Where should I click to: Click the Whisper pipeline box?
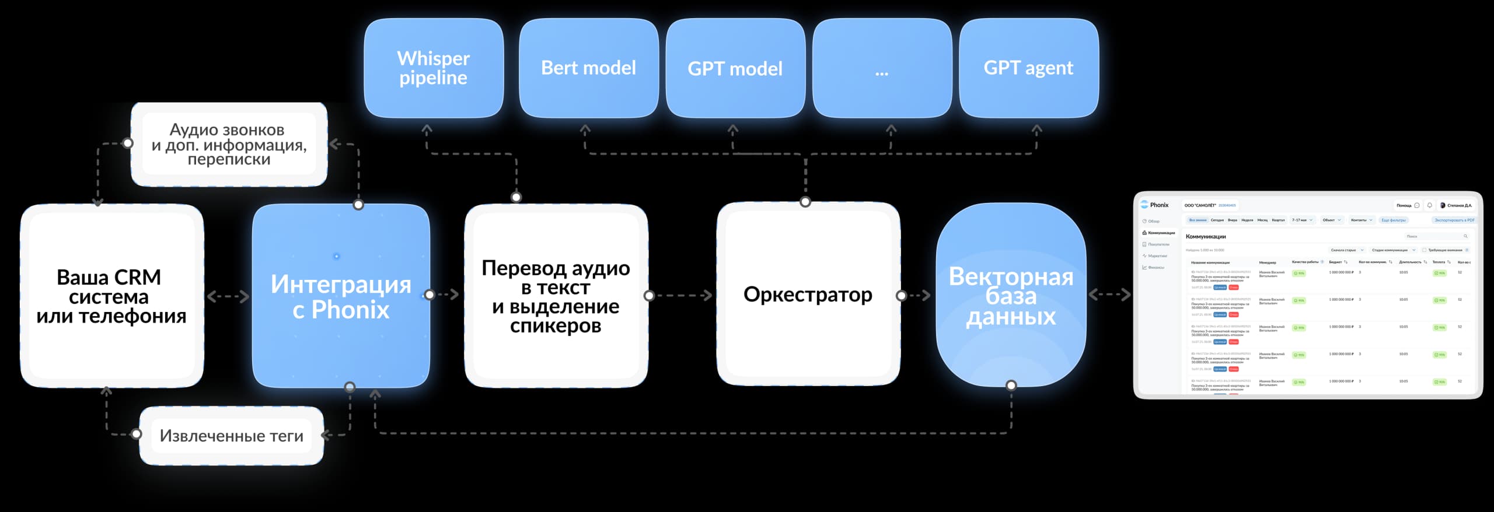[x=433, y=68]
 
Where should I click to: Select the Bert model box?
[x=588, y=68]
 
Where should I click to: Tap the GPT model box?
[x=735, y=68]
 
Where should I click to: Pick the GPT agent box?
[x=1028, y=68]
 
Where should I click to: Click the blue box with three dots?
[x=882, y=68]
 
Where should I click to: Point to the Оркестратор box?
[x=808, y=294]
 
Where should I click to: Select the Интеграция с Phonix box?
[x=341, y=296]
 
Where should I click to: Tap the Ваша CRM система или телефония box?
[x=111, y=296]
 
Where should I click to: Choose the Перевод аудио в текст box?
[x=556, y=296]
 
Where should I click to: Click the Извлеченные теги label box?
[x=231, y=436]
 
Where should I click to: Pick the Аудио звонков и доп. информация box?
[x=229, y=144]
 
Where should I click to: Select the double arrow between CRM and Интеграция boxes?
[x=228, y=297]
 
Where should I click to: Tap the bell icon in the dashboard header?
[x=1429, y=205]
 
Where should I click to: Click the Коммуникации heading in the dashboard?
[x=1206, y=237]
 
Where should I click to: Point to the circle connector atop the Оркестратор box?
[x=805, y=202]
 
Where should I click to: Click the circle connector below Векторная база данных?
[x=1011, y=385]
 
